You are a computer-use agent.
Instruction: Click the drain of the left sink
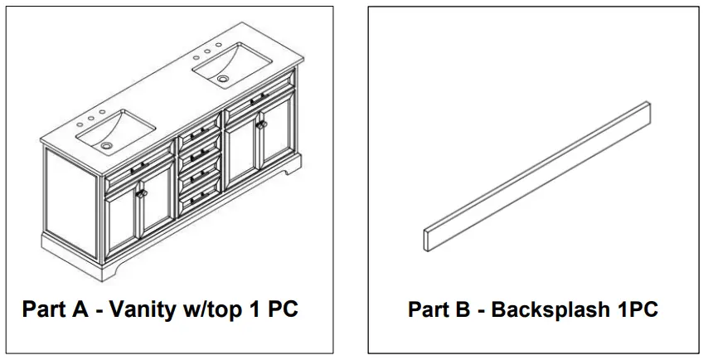point(106,144)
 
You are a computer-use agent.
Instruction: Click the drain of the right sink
point(223,78)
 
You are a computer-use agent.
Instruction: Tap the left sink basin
point(115,131)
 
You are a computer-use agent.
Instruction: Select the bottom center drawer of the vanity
point(200,196)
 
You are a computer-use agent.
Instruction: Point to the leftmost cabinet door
point(121,220)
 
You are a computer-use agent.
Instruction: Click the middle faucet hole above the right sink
point(210,51)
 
